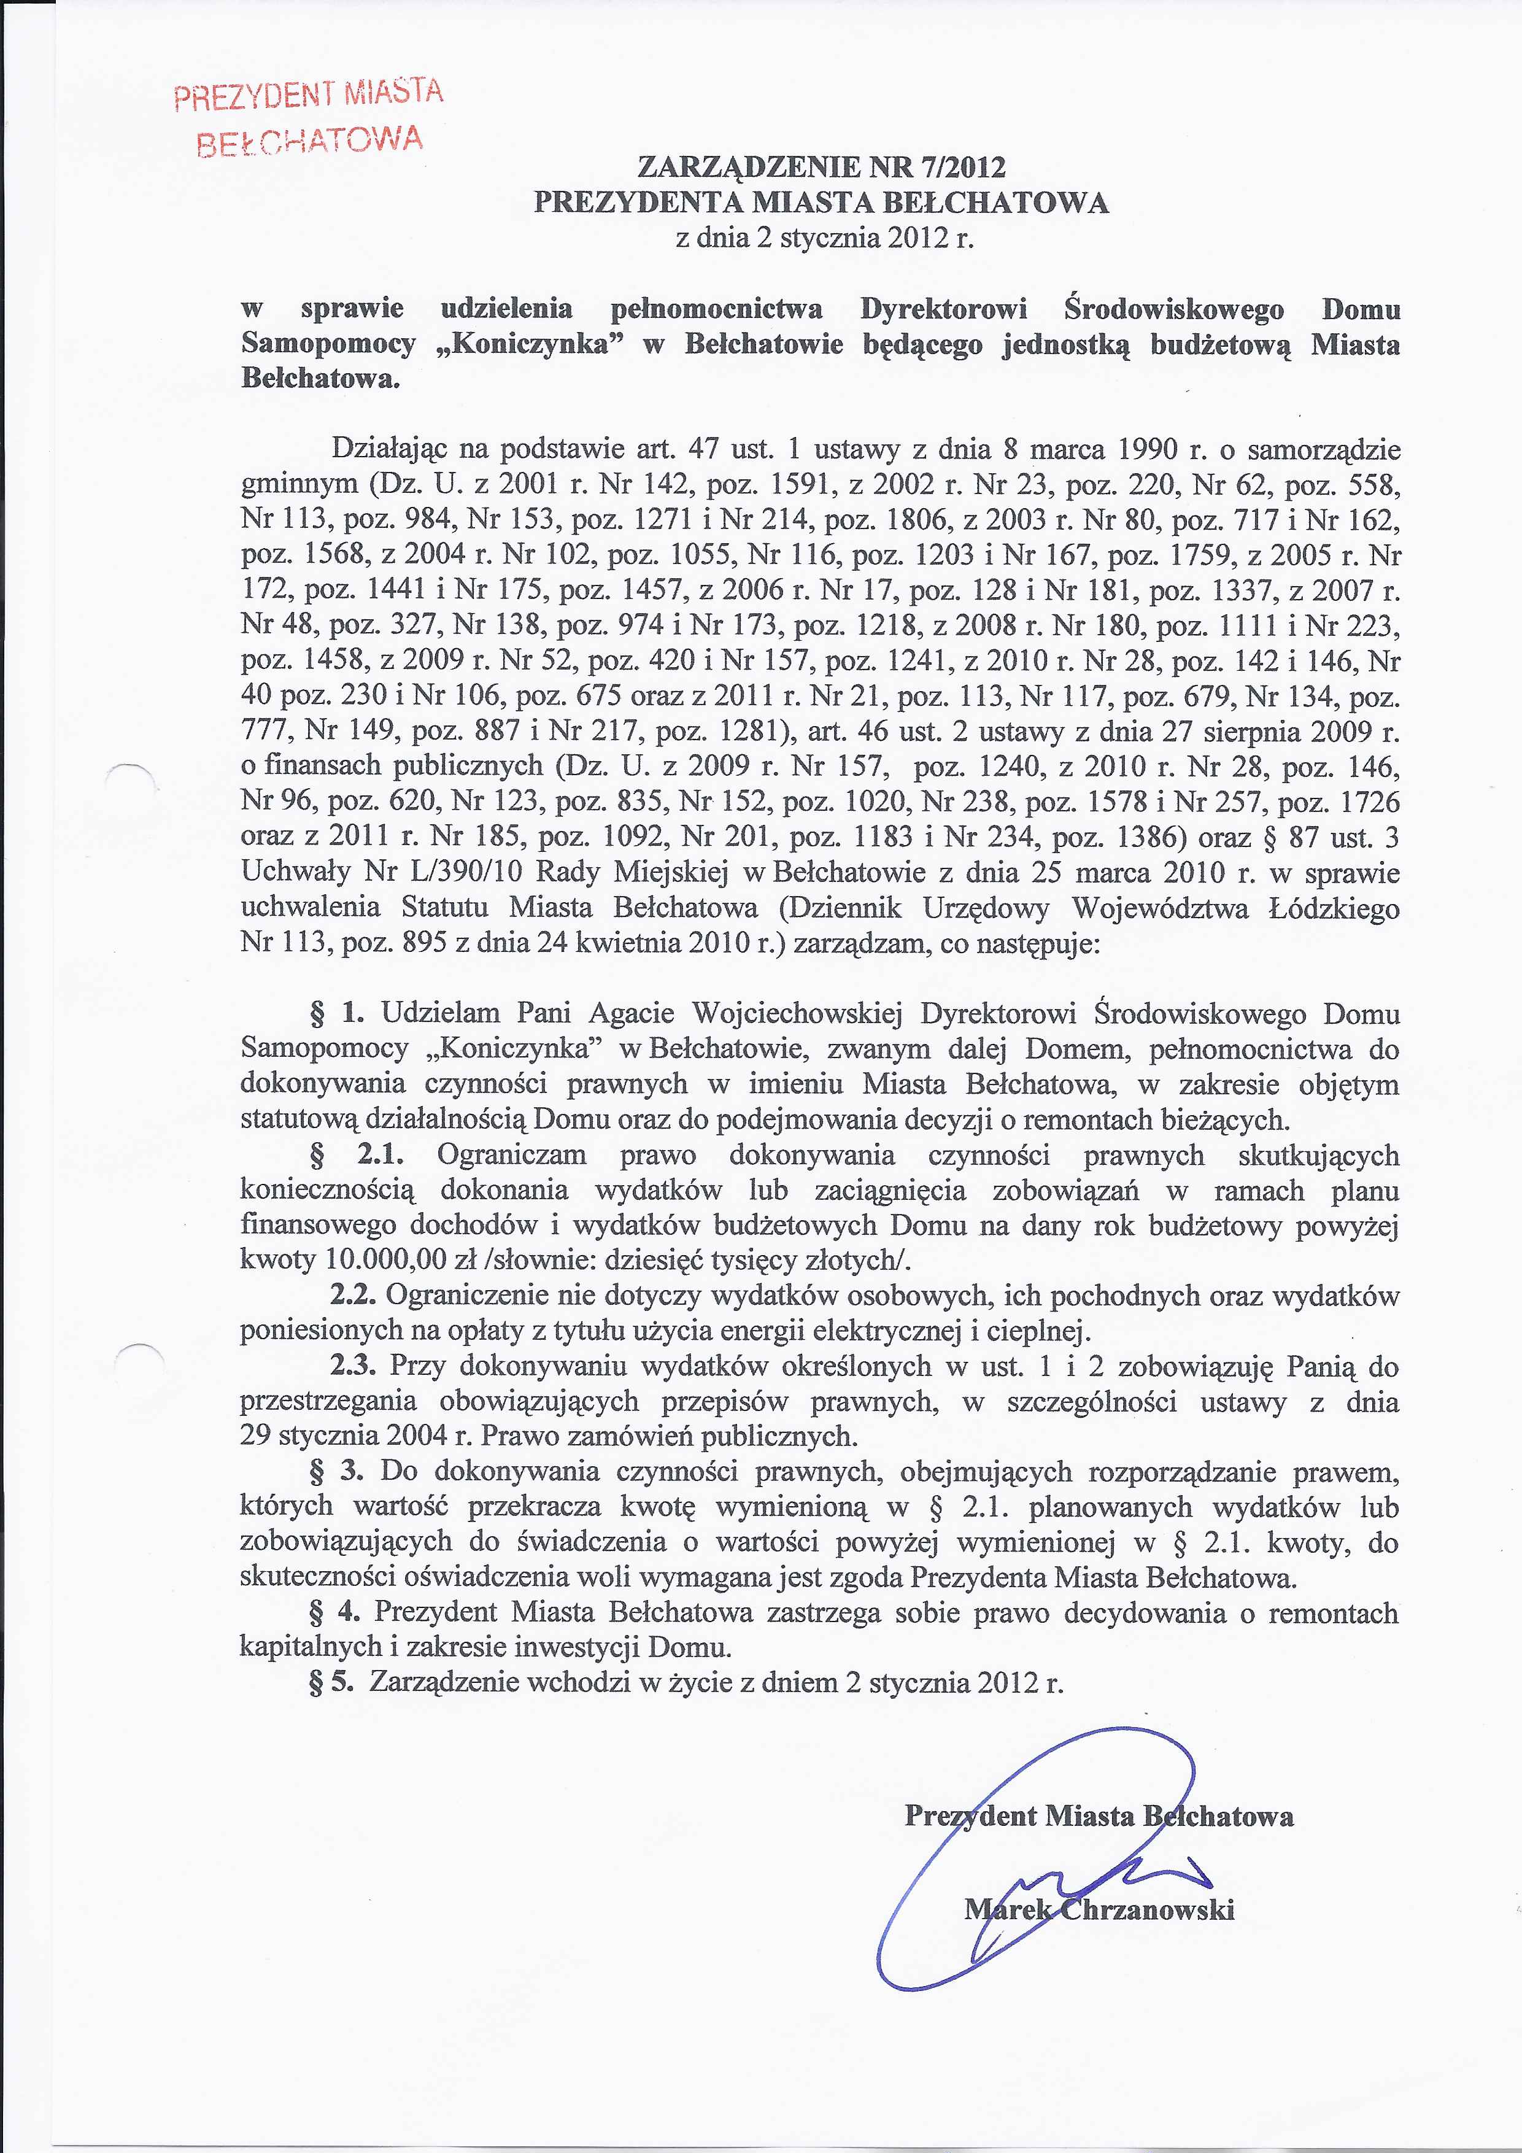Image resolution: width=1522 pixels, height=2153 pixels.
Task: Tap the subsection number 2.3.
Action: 353,1366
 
